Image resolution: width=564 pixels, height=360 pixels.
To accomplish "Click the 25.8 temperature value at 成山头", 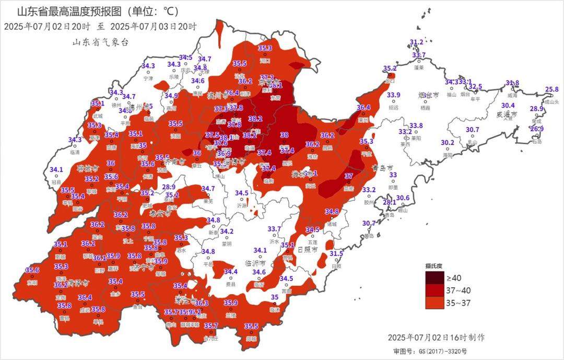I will (x=551, y=89).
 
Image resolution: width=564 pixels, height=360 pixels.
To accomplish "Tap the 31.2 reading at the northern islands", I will (x=416, y=42).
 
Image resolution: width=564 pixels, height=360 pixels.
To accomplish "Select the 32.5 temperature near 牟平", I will (x=475, y=86).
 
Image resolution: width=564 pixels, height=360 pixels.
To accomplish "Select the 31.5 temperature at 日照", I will (x=336, y=253).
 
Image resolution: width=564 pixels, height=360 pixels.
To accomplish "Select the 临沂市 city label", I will (x=256, y=263).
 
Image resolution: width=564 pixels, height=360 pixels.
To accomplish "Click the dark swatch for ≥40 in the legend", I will (x=434, y=277).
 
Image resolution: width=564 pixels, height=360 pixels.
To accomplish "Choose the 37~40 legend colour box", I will (x=434, y=290).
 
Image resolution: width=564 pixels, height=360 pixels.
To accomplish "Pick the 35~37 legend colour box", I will (x=434, y=303).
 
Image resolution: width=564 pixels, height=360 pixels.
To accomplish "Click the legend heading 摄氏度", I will (x=433, y=266).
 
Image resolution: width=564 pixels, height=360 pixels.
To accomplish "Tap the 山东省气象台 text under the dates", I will (x=100, y=43).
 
